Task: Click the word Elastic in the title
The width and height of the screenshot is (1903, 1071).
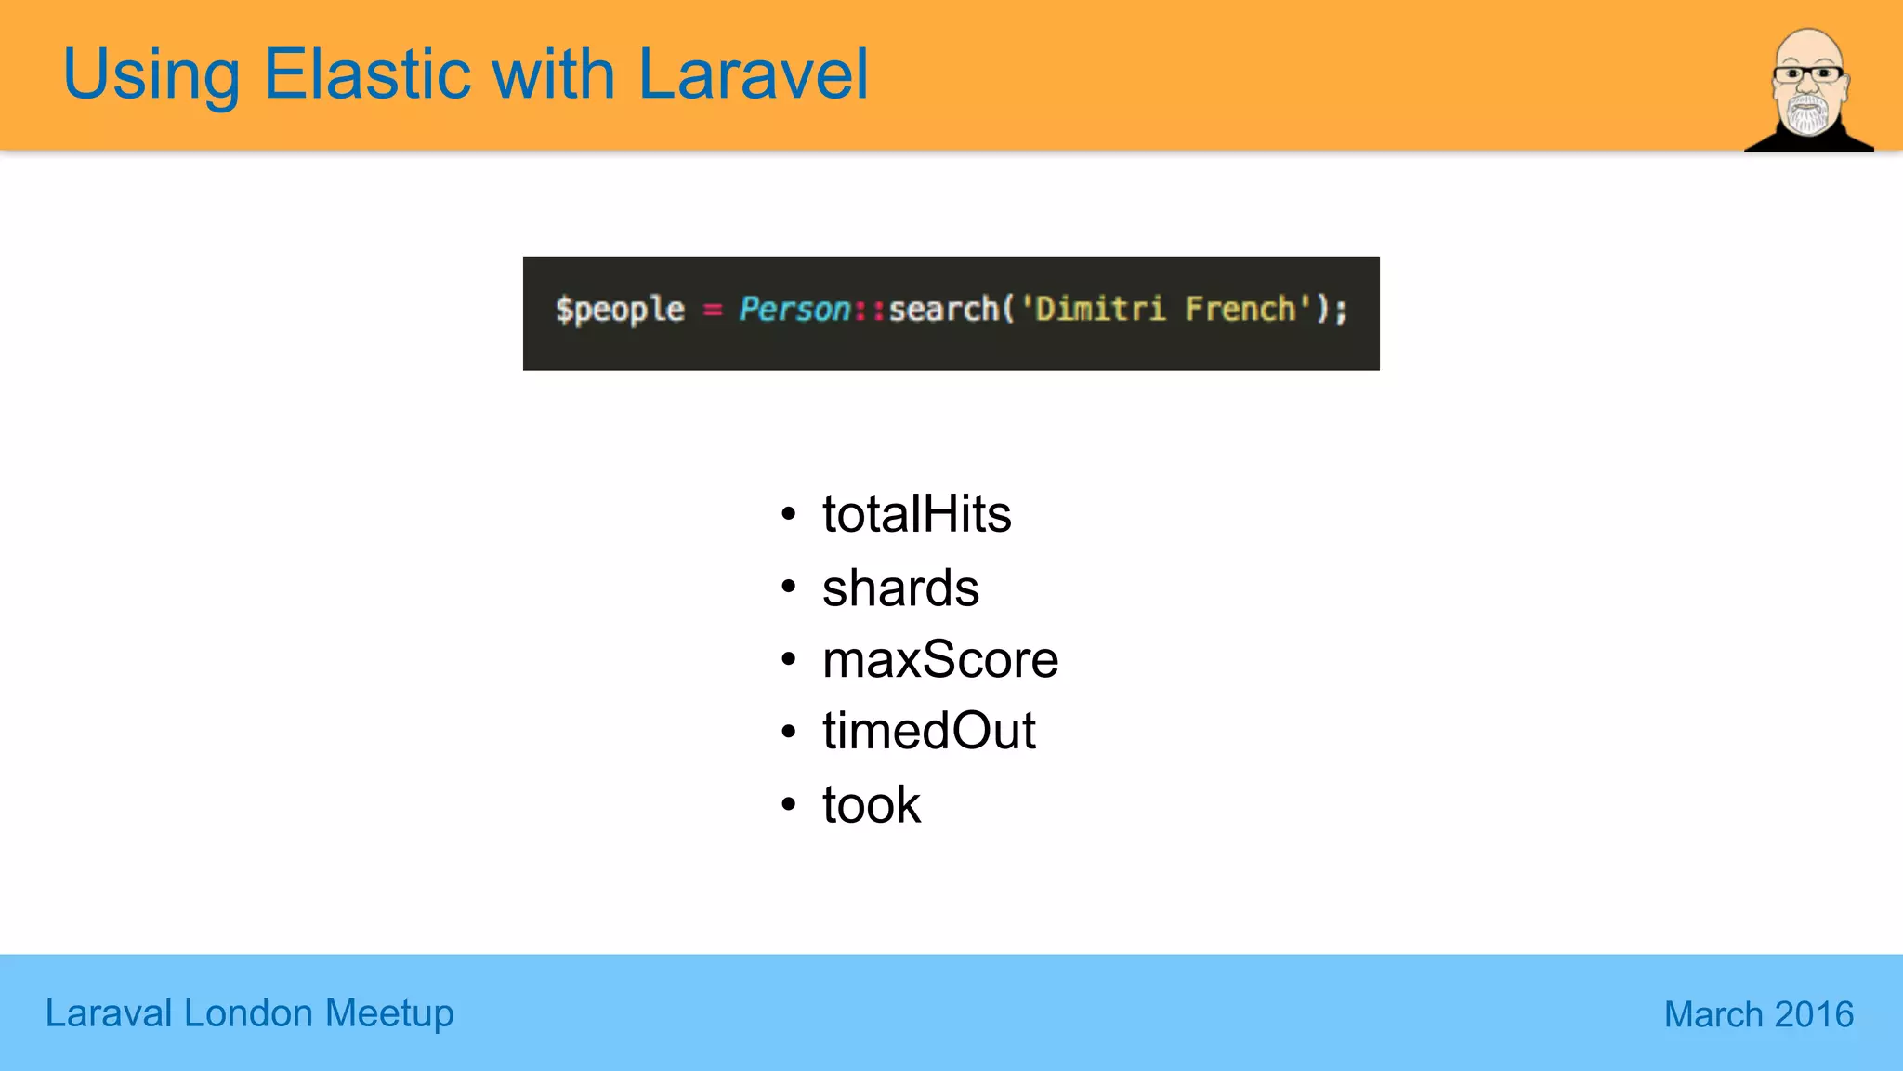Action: pyautogui.click(x=367, y=74)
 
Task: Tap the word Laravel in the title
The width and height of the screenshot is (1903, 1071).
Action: pyautogui.click(x=753, y=74)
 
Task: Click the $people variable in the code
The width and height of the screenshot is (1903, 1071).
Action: pyautogui.click(x=620, y=310)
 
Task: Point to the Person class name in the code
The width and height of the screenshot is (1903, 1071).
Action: pyautogui.click(x=794, y=309)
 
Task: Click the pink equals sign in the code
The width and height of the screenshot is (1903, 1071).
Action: pyautogui.click(x=713, y=310)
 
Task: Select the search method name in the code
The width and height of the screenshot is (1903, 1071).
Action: pyautogui.click(x=943, y=309)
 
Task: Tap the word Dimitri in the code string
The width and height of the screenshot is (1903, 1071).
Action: pyautogui.click(x=1100, y=309)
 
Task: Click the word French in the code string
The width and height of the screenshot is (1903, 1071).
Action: pyautogui.click(x=1240, y=309)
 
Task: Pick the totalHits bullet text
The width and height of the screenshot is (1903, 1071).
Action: pyautogui.click(x=916, y=514)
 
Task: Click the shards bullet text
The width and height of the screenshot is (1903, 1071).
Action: pyautogui.click(x=900, y=588)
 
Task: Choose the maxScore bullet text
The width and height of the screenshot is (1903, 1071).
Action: pyautogui.click(x=939, y=660)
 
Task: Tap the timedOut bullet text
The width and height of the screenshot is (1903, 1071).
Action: pyautogui.click(x=928, y=732)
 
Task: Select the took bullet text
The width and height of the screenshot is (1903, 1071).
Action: pyautogui.click(x=871, y=805)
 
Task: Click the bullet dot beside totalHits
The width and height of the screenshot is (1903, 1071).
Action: pyautogui.click(x=789, y=514)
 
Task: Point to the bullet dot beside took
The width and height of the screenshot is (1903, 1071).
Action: pyautogui.click(x=789, y=804)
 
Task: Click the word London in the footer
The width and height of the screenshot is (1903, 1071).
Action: pyautogui.click(x=248, y=1013)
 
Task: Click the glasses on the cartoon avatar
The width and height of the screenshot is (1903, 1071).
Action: pyautogui.click(x=1807, y=73)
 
